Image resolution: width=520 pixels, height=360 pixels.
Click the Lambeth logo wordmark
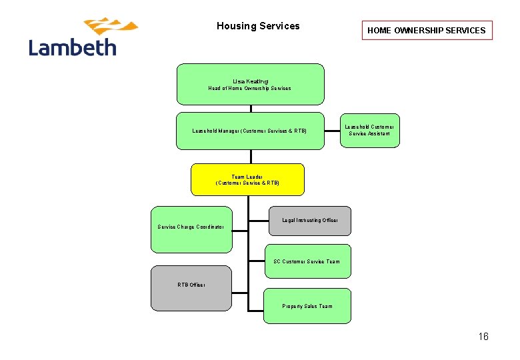(73, 47)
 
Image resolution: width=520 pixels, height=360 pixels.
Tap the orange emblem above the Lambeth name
(110, 27)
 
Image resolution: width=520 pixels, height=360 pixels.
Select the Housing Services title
(258, 26)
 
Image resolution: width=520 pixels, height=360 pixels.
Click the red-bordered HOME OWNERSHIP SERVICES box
(427, 30)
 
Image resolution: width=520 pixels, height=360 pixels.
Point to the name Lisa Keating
(250, 81)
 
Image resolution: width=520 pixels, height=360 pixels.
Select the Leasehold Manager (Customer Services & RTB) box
(250, 131)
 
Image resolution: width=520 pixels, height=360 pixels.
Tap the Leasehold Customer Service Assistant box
(369, 130)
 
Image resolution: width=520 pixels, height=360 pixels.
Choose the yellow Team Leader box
(247, 179)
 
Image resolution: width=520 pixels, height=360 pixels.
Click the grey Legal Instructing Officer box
(310, 220)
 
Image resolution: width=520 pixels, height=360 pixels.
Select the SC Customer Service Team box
(307, 261)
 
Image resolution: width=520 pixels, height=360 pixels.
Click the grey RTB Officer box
(191, 285)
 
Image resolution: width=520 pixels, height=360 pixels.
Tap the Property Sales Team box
(307, 306)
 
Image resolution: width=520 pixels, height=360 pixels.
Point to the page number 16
(483, 337)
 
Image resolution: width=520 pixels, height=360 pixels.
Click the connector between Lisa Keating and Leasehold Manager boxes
(251, 109)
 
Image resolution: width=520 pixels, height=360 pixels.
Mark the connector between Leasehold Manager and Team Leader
(251, 157)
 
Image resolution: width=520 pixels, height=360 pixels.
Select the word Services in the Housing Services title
(280, 26)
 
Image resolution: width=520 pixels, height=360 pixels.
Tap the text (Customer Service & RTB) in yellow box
(247, 183)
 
